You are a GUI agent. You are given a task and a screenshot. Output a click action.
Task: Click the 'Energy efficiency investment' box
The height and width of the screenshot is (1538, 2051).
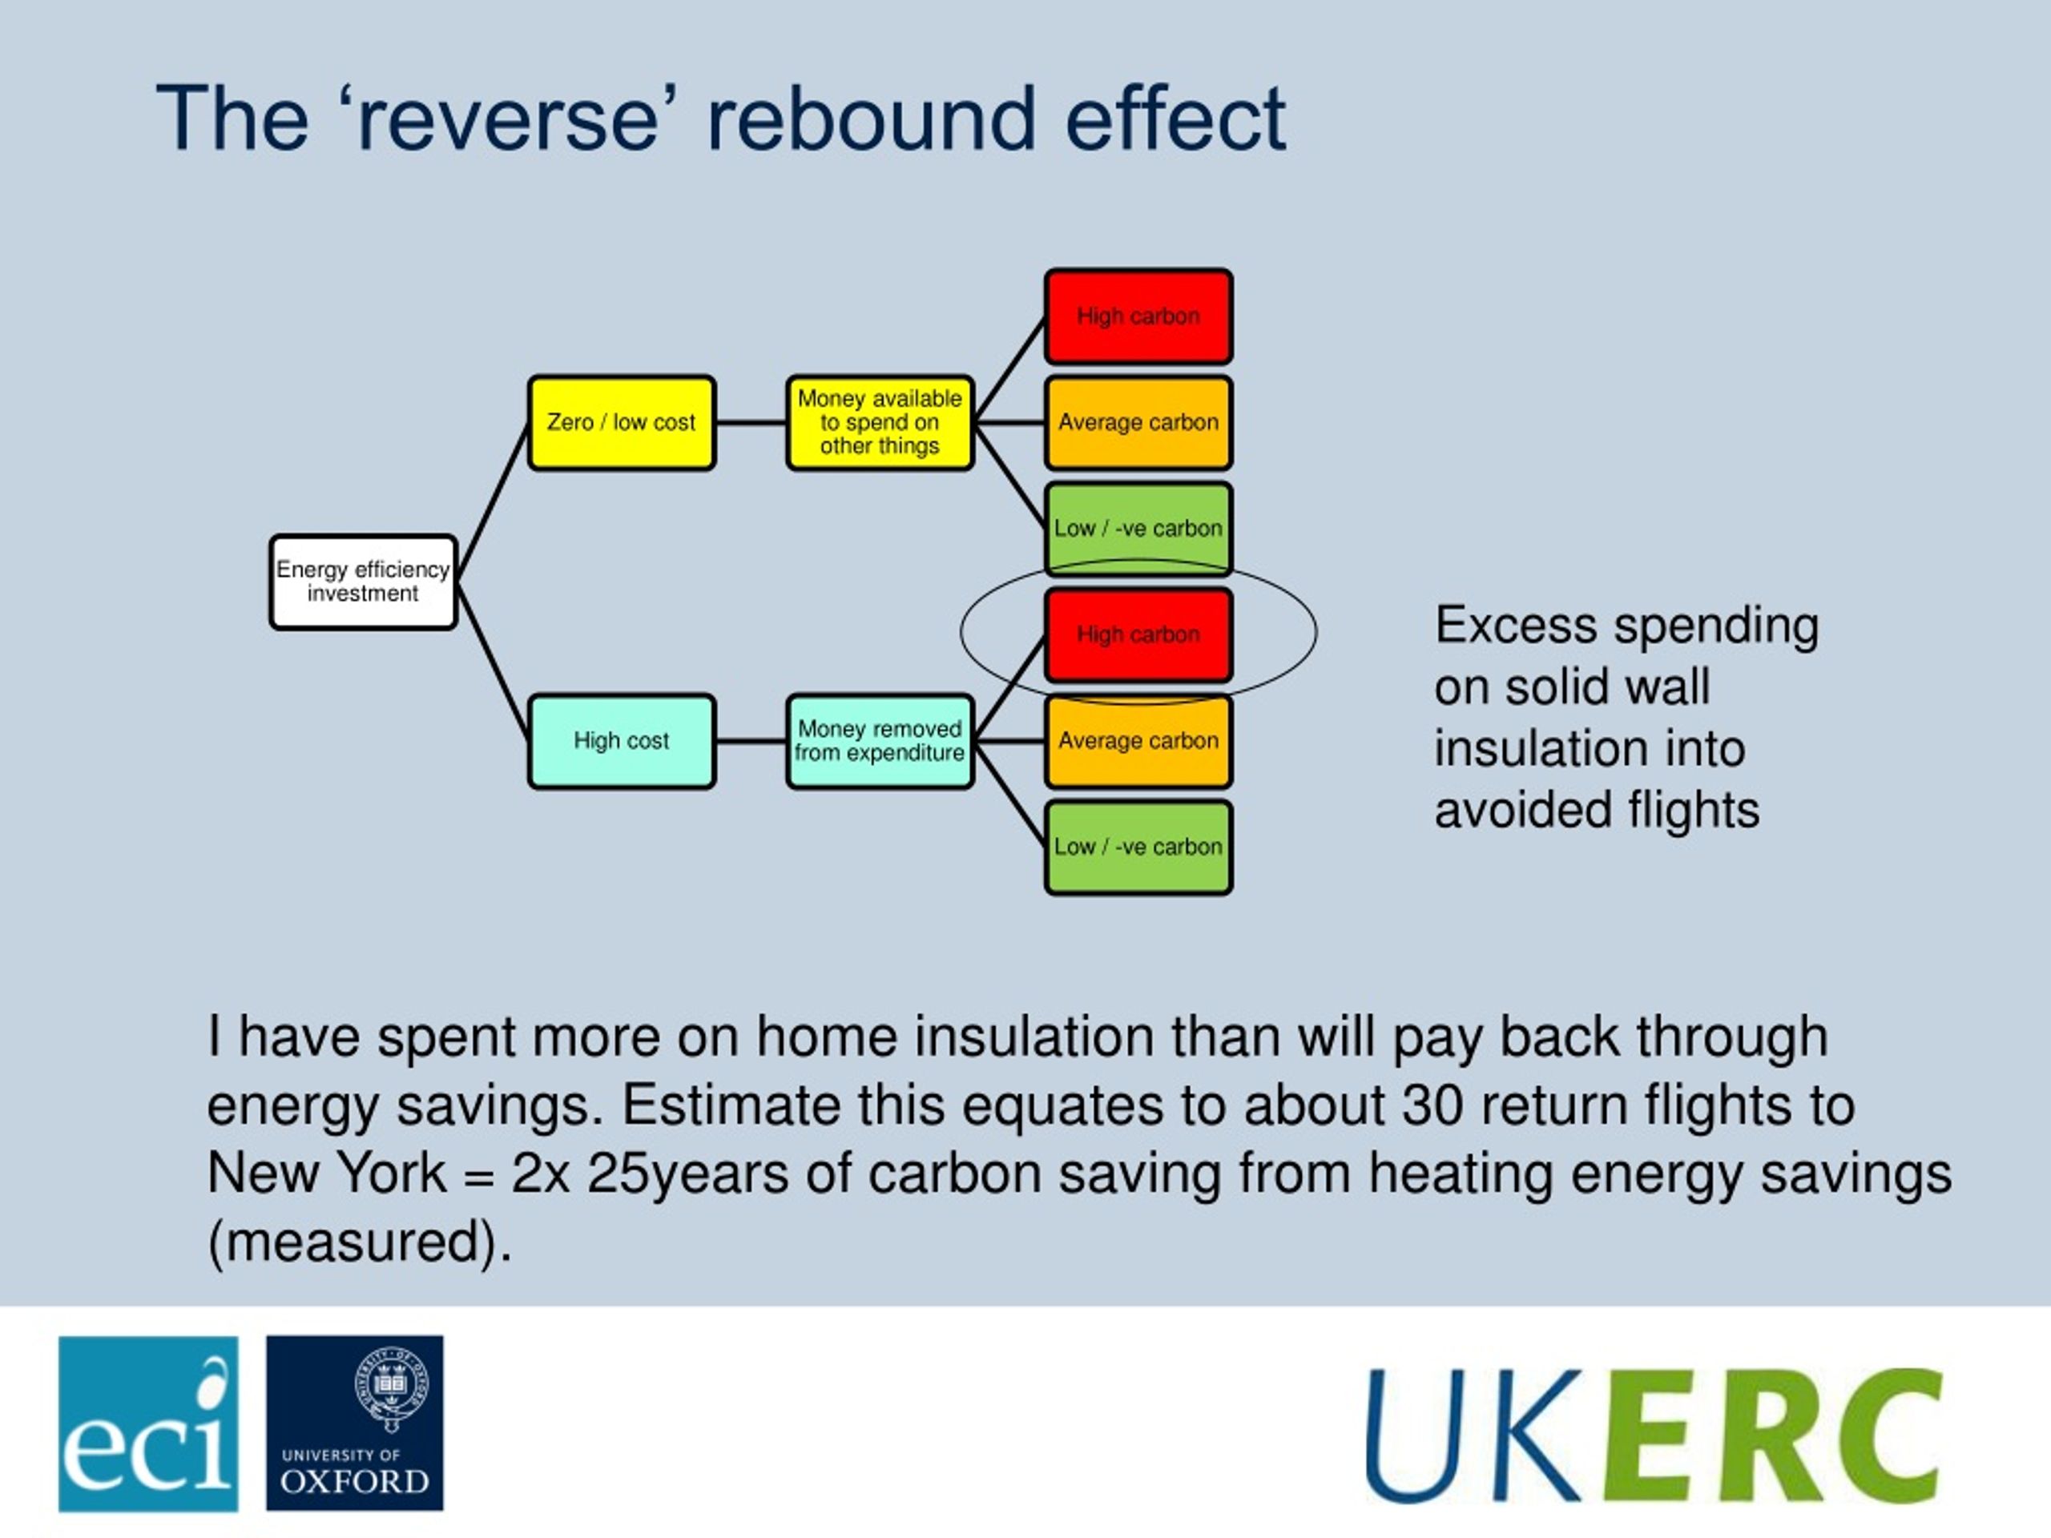363,582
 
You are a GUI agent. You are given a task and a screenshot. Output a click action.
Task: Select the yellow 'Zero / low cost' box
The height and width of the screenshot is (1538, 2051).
620,423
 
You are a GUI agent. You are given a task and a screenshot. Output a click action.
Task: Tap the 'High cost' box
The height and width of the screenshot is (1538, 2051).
620,741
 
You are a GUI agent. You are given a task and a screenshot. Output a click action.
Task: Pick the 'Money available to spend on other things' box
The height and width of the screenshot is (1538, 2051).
879,423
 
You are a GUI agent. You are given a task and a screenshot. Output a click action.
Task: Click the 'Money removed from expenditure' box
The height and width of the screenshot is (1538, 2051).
879,741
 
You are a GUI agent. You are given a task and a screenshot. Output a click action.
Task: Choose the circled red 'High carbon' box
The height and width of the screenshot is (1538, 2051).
1138,635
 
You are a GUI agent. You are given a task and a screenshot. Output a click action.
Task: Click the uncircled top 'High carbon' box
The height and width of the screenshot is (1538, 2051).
1138,316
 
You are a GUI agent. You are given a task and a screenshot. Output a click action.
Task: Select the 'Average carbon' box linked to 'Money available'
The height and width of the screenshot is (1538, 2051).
1138,423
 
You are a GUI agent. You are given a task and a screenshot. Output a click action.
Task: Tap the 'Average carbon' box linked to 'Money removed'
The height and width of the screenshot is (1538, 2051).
1138,741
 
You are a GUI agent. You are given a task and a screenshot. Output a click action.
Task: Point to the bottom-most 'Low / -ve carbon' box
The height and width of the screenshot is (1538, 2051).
1138,848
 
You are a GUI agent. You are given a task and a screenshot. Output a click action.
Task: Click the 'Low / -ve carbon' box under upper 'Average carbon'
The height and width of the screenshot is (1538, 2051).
1138,529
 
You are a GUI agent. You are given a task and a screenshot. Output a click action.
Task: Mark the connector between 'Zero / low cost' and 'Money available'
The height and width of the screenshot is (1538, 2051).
750,423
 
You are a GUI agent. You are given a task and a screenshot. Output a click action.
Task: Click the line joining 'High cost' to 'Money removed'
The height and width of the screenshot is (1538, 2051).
750,741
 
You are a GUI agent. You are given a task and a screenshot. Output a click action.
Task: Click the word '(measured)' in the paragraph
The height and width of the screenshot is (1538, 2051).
359,1242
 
